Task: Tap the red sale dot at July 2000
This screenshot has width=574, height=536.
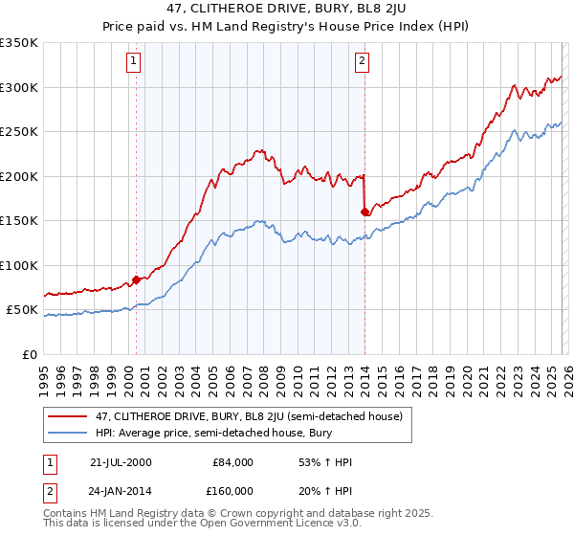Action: pos(136,279)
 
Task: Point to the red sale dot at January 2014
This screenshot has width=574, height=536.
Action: pos(365,212)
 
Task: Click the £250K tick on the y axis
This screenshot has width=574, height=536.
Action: pos(19,132)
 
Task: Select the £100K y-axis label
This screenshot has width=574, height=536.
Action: pos(19,266)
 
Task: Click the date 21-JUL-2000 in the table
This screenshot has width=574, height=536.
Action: pos(121,462)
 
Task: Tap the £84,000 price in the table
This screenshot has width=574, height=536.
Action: pos(233,462)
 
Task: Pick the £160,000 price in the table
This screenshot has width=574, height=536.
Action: pos(232,491)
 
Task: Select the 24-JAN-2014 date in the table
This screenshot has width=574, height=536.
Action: pos(121,491)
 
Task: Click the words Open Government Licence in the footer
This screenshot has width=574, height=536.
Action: pos(262,525)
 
